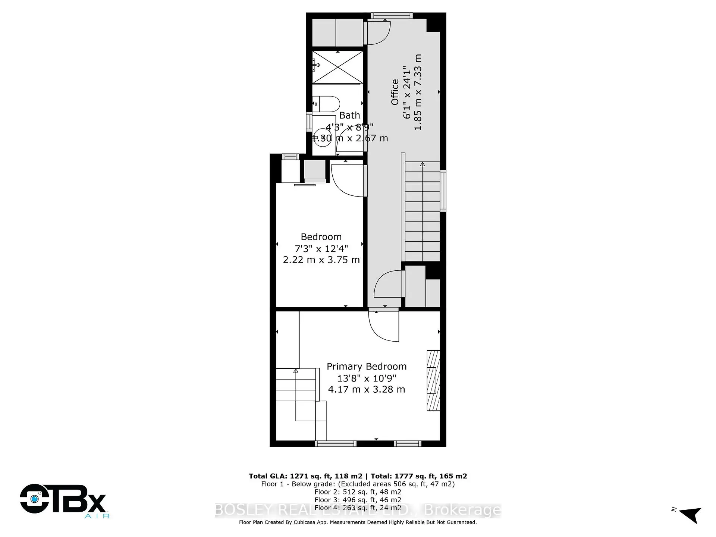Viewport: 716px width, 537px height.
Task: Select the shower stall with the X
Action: (x=337, y=67)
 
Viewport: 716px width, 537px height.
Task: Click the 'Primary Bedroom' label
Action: (x=367, y=367)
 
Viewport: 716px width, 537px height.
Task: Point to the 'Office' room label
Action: (x=395, y=92)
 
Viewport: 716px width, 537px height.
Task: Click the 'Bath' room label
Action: (x=349, y=116)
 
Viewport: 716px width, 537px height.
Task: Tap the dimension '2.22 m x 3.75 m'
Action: (x=321, y=260)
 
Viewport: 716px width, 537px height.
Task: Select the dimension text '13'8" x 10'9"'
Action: (x=367, y=378)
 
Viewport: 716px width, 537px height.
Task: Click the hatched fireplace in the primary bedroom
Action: (x=433, y=381)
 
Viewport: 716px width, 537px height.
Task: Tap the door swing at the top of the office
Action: (x=379, y=33)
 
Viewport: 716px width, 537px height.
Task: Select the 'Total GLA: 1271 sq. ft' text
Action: (x=305, y=476)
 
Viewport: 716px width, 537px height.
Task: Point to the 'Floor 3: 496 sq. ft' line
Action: (x=358, y=500)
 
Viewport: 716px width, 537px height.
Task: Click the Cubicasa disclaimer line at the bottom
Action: (x=358, y=522)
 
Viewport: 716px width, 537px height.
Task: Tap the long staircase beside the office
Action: (x=422, y=211)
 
